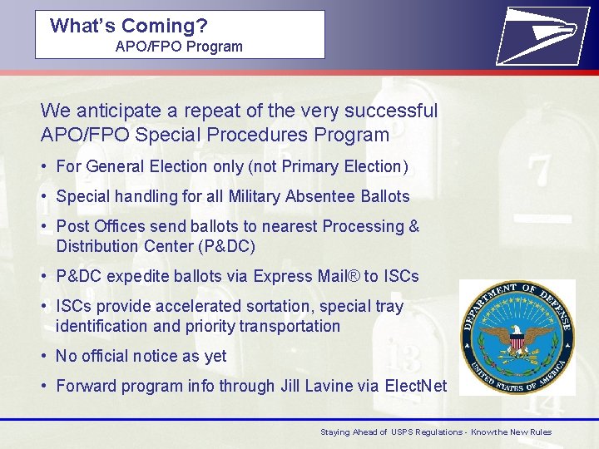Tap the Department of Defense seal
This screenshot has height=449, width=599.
click(x=517, y=337)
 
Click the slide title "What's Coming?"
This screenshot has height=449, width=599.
click(x=129, y=25)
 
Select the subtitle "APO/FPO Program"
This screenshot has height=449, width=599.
click(x=179, y=47)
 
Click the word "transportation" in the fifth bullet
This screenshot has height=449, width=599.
click(x=290, y=326)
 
